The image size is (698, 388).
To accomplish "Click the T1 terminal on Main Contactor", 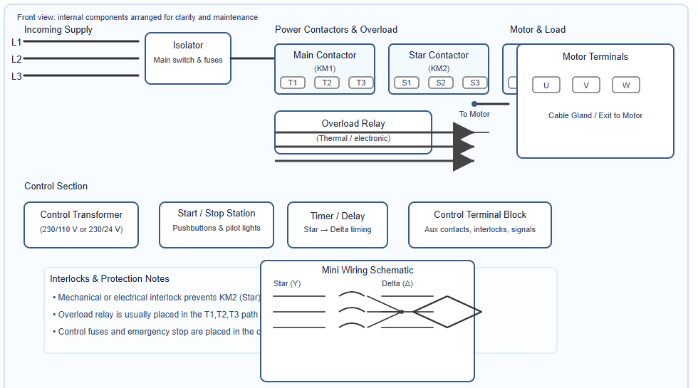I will (293, 83).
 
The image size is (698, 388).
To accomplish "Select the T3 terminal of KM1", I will (361, 83).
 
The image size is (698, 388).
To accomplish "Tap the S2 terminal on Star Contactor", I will (441, 83).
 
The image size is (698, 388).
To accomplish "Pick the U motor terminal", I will (546, 85).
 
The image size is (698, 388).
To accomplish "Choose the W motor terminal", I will (626, 85).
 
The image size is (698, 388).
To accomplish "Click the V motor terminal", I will (586, 85).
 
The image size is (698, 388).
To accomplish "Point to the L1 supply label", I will (16, 42).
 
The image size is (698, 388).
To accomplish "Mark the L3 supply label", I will (16, 76).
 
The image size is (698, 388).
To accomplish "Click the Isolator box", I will (188, 58).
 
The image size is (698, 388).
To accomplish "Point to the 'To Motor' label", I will (474, 114).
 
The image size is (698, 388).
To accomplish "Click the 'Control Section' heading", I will (56, 187).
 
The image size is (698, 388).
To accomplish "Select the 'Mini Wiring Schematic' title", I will (368, 271).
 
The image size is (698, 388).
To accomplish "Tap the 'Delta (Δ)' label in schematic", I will (397, 284).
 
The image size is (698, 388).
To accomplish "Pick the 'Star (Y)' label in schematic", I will (287, 284).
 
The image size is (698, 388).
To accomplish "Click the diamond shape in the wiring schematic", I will (447, 312).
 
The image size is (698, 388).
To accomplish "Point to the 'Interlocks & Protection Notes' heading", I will (110, 279).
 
